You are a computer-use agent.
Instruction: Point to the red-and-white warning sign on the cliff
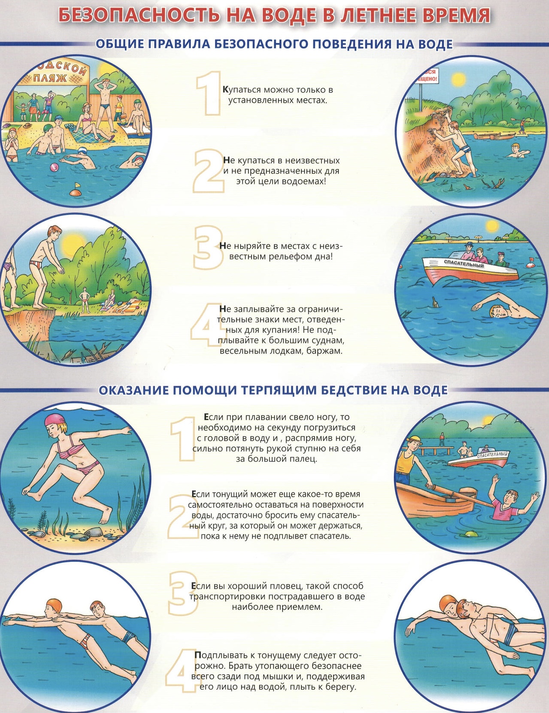[x=426, y=76]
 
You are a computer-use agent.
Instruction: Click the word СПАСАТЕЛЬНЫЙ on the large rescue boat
[x=464, y=264]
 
